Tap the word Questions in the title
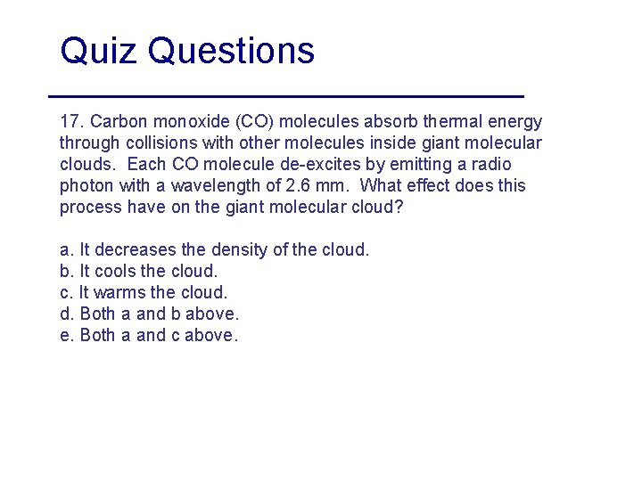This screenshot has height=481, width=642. coord(232,52)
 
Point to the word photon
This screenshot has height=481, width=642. coord(86,185)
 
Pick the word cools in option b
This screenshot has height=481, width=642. coord(115,271)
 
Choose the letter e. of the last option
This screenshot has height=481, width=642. coord(67,336)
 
